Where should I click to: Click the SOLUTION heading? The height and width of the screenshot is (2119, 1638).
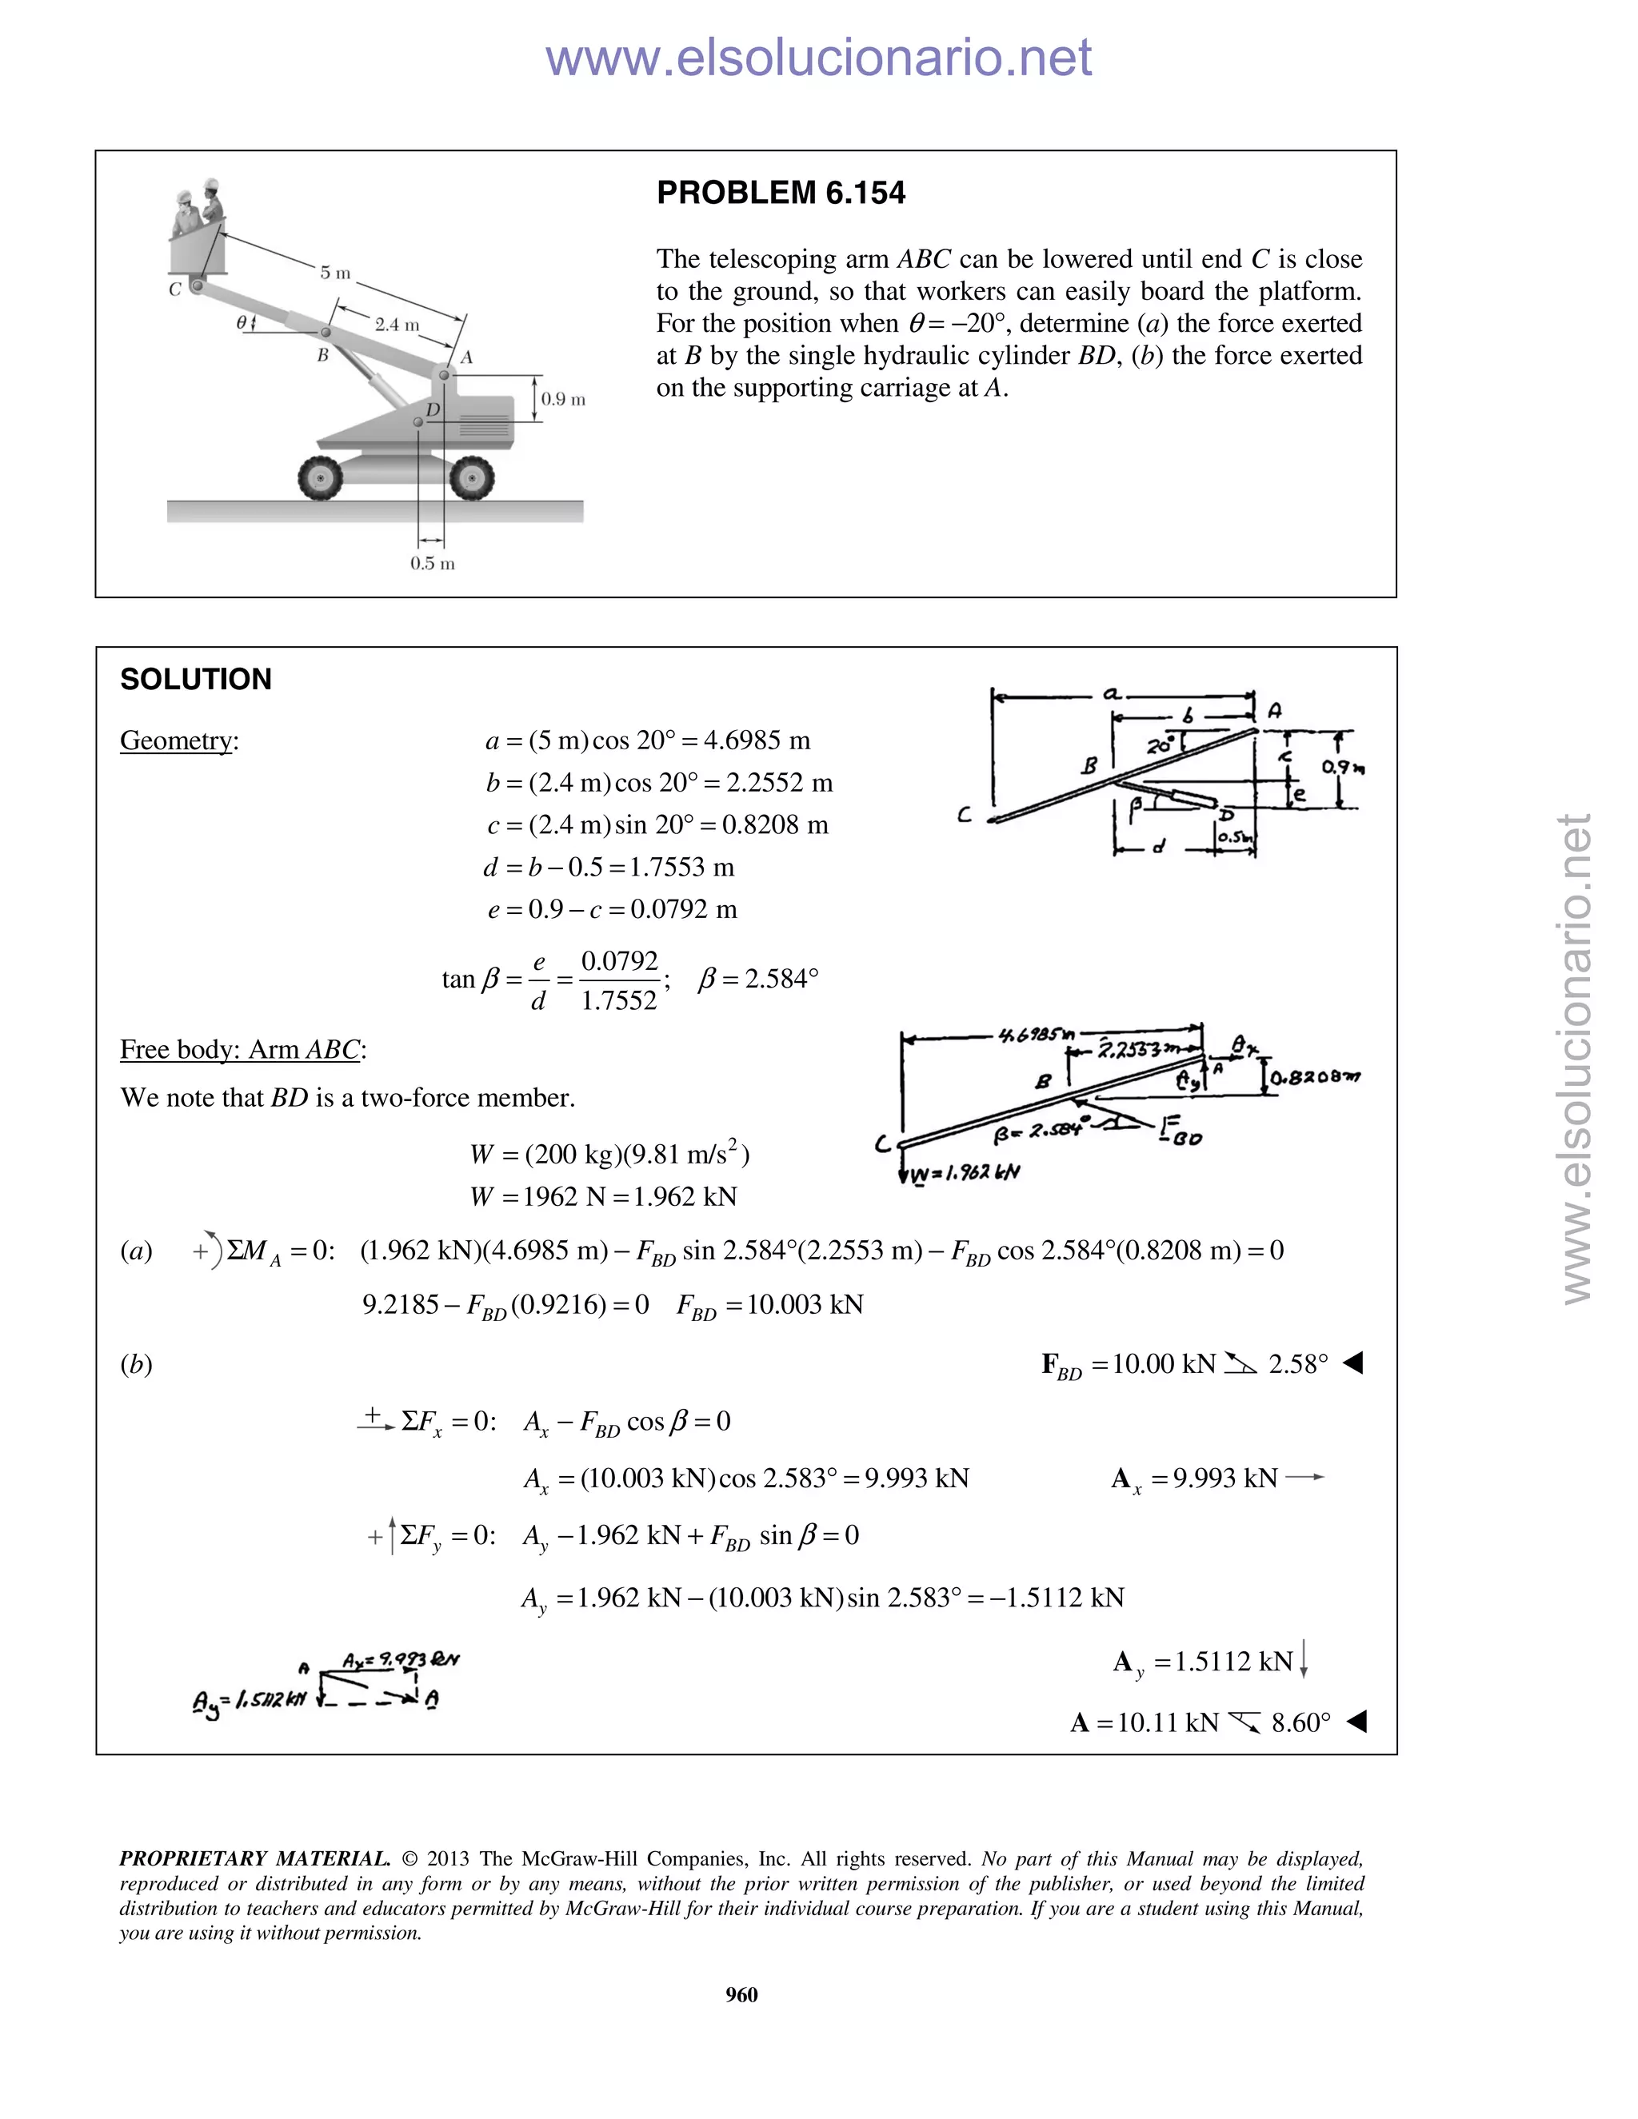195,679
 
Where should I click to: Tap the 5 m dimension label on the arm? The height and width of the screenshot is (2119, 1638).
335,273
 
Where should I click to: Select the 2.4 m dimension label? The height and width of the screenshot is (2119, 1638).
396,324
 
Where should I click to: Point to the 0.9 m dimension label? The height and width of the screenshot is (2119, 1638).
563,399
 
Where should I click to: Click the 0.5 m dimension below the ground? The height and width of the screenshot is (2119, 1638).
432,563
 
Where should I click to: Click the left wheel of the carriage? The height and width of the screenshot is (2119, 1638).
320,478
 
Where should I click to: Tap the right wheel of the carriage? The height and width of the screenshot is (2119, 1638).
472,478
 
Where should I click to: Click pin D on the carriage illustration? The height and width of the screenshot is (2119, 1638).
419,421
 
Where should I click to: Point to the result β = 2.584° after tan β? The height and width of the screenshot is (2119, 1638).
758,978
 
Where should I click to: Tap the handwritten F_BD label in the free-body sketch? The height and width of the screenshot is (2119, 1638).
1180,1131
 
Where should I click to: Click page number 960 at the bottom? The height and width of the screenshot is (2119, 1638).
741,1993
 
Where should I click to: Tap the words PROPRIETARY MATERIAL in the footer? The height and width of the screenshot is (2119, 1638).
254,1859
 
